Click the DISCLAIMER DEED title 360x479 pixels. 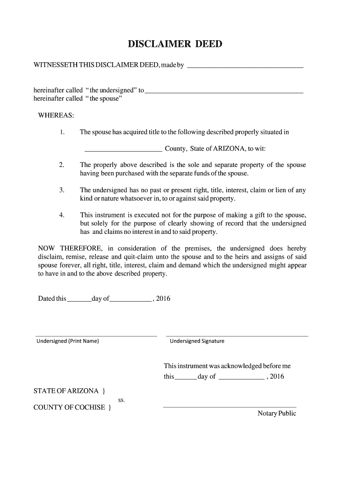click(x=175, y=44)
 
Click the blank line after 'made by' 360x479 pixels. click(x=245, y=67)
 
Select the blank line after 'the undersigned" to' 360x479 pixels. click(x=224, y=92)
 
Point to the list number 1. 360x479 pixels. click(x=62, y=132)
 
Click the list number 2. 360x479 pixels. click(x=62, y=165)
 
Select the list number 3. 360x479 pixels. click(x=62, y=190)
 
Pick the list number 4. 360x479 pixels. click(x=62, y=215)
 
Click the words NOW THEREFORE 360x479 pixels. click(x=70, y=248)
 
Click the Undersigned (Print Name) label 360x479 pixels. click(x=68, y=341)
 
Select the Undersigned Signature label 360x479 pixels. click(x=197, y=341)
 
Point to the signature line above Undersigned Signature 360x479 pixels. click(x=237, y=335)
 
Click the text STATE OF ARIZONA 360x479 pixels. click(x=66, y=391)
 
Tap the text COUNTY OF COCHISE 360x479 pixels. click(x=69, y=407)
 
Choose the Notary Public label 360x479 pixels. click(x=277, y=414)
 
